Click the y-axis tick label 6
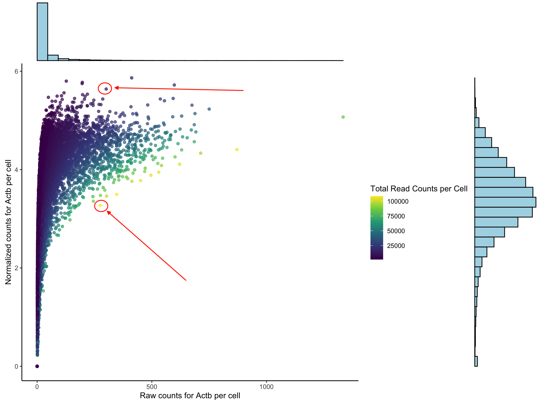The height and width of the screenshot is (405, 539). (16, 71)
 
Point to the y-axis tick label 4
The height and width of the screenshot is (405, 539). (16, 170)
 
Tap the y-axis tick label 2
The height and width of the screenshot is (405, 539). (16, 268)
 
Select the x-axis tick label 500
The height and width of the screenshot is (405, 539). (152, 387)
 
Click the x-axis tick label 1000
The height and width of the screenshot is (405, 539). (266, 387)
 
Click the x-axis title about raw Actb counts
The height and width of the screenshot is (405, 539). (190, 396)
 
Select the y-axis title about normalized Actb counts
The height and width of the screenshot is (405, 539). (8, 222)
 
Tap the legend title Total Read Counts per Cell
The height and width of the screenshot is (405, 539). (419, 189)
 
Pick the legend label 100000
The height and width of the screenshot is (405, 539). (398, 202)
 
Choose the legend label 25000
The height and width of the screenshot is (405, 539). (396, 246)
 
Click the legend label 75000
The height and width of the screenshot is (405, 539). (396, 216)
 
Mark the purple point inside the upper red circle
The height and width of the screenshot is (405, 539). (106, 89)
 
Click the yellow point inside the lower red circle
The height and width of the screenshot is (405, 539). (100, 205)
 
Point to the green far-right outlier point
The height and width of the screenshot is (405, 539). (343, 117)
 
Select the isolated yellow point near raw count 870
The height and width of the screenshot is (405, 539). (237, 150)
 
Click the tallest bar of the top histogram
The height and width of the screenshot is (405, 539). (42, 32)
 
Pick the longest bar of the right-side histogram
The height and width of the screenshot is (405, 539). (505, 202)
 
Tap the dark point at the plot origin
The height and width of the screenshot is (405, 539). (37, 366)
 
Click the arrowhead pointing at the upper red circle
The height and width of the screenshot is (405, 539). (116, 88)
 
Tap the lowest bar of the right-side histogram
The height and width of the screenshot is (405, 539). (476, 361)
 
